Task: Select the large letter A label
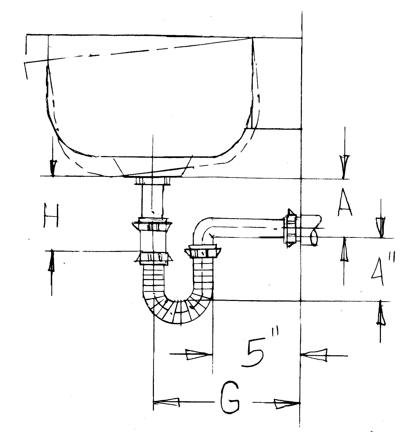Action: pos(345,204)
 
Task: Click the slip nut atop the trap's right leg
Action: pos(203,252)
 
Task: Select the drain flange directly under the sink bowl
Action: pos(153,181)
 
